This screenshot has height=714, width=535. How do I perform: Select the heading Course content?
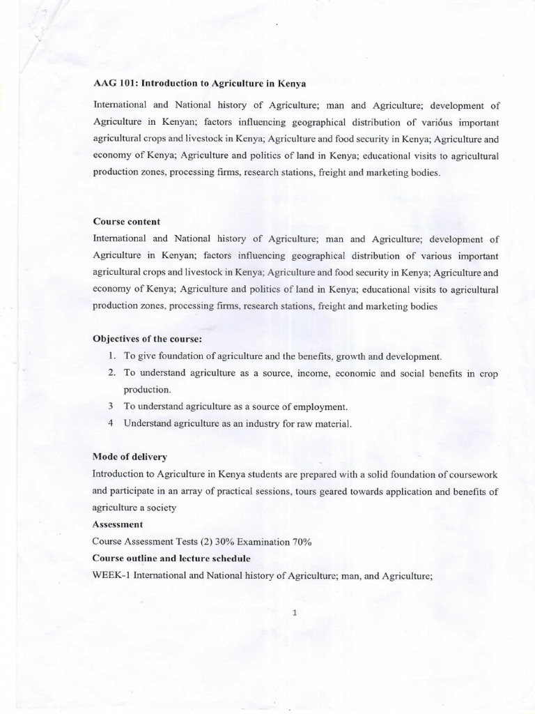(126, 221)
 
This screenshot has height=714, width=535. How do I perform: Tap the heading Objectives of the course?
(146, 339)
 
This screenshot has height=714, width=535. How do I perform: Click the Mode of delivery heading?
(130, 457)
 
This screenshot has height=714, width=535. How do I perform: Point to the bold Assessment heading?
(117, 524)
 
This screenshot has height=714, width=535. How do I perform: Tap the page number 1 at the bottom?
(295, 613)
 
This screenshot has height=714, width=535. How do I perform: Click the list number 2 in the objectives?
(111, 373)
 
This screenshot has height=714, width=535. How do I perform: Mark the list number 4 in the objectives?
(111, 423)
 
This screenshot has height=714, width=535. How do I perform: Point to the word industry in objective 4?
(285, 423)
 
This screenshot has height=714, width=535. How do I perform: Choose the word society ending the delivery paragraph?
(160, 508)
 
